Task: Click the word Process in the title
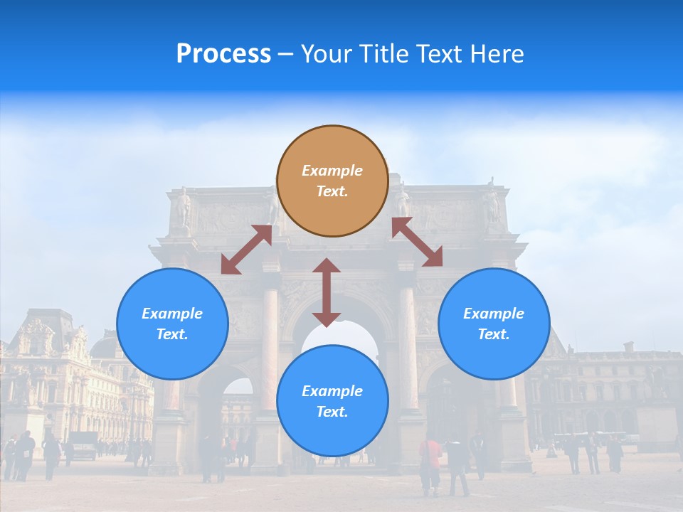click(223, 54)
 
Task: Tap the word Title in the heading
click(381, 54)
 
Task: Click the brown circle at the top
click(332, 181)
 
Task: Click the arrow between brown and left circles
click(247, 249)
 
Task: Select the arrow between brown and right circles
click(417, 242)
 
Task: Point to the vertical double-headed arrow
click(327, 292)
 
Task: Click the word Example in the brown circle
click(332, 171)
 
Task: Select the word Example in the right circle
click(494, 314)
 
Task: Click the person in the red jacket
click(430, 462)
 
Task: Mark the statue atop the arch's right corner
click(491, 203)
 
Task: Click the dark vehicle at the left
click(83, 444)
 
